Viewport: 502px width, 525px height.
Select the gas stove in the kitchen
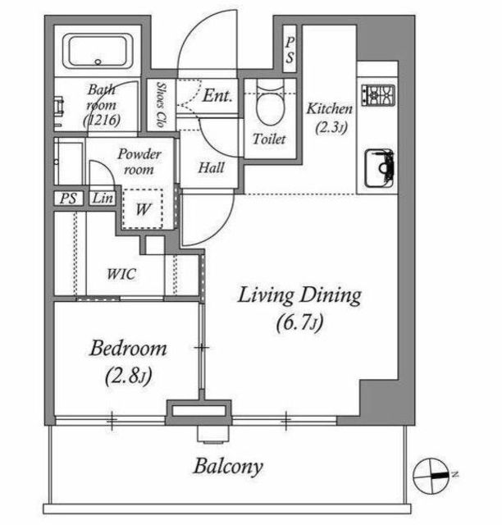pyautogui.click(x=378, y=95)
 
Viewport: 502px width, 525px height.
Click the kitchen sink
pyautogui.click(x=379, y=168)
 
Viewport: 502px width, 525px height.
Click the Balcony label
pyautogui.click(x=228, y=467)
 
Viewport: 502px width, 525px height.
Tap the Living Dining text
pyautogui.click(x=299, y=295)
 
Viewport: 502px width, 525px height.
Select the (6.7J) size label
pyautogui.click(x=299, y=322)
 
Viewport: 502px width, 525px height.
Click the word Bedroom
pyautogui.click(x=128, y=348)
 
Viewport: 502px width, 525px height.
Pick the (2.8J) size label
pyautogui.click(x=129, y=376)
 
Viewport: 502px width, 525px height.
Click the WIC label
pyautogui.click(x=121, y=274)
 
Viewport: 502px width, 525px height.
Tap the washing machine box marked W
pyautogui.click(x=143, y=209)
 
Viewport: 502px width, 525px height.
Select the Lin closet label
pyautogui.click(x=103, y=199)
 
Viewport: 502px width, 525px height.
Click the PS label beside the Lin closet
pyautogui.click(x=68, y=199)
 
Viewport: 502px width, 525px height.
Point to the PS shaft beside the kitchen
pyautogui.click(x=290, y=49)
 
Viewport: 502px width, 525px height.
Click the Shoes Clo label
pyautogui.click(x=162, y=105)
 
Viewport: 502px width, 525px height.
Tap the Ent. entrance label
pyautogui.click(x=217, y=95)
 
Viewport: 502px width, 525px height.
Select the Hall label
pyautogui.click(x=212, y=167)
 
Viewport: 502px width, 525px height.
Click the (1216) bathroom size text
pyautogui.click(x=102, y=120)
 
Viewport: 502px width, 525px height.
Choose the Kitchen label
pyautogui.click(x=330, y=109)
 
